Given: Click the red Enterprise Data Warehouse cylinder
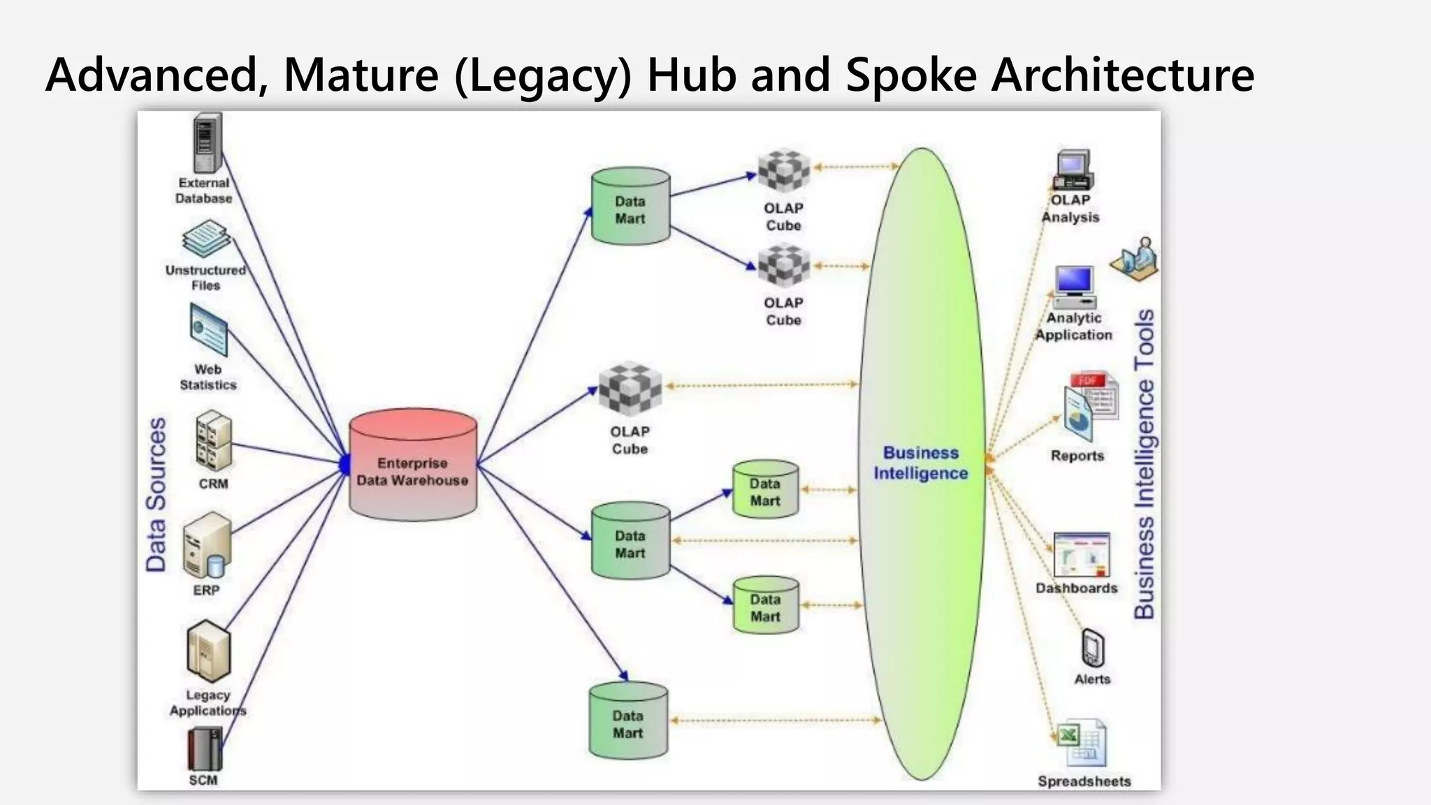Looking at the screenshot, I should (x=413, y=465).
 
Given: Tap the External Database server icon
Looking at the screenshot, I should (x=207, y=143).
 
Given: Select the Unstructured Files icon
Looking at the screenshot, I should (x=206, y=239).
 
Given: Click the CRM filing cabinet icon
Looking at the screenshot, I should (x=213, y=440).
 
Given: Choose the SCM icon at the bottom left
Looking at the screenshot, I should (x=204, y=748).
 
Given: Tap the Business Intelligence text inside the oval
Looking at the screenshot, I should (x=920, y=463).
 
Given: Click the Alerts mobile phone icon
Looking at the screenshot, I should (x=1092, y=648).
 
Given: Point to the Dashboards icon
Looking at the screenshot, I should (x=1081, y=556).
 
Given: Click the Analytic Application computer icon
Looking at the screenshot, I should (x=1075, y=287).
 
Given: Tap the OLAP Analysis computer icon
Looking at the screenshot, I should (x=1073, y=170).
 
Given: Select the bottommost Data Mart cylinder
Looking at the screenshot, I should (x=628, y=721).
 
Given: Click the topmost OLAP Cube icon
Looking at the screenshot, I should (x=783, y=170).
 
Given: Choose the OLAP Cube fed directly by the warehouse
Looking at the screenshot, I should (x=630, y=389).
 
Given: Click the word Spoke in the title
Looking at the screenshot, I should (x=911, y=75).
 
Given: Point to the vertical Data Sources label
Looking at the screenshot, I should (x=157, y=495).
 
